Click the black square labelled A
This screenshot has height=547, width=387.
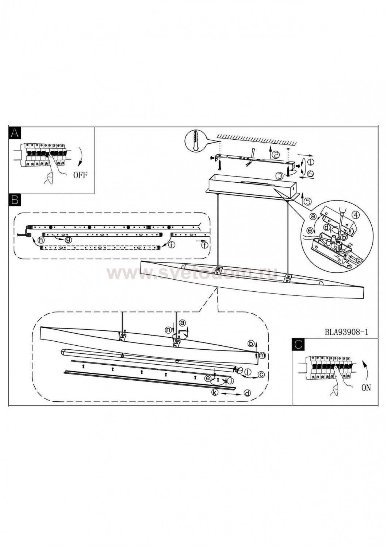[14, 133]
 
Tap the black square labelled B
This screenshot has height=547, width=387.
[14, 199]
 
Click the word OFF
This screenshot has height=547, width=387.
[80, 175]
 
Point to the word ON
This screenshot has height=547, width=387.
[365, 388]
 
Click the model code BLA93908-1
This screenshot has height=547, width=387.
[346, 332]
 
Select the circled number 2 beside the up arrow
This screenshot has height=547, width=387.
[276, 155]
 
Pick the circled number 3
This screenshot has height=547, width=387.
[279, 176]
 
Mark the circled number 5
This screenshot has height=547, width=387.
[308, 201]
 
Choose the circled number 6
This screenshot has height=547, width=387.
[311, 174]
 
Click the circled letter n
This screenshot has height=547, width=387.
[168, 329]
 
